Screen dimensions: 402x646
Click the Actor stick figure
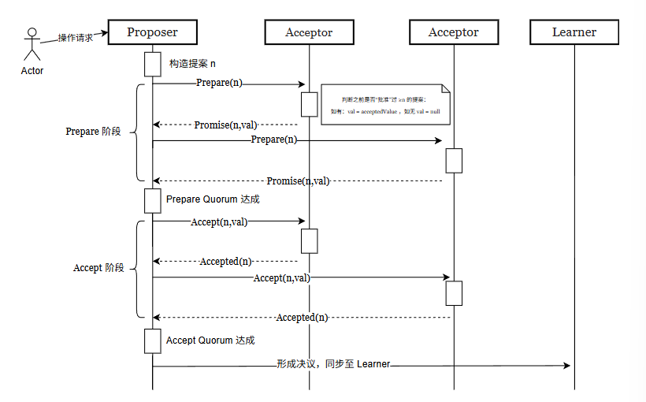pos(32,44)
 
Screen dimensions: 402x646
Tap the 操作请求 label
pos(76,37)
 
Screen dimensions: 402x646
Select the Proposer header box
pos(152,32)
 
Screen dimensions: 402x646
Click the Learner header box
pos(574,32)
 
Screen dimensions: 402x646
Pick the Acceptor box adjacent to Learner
pos(453,32)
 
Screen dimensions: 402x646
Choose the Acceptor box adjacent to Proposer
pos(309,32)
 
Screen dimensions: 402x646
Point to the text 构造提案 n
pos(192,63)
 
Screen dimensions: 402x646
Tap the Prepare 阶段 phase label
pos(93,132)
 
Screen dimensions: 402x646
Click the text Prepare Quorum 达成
pos(213,199)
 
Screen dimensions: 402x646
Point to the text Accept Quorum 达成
pos(210,341)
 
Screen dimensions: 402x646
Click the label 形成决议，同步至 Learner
pos(333,364)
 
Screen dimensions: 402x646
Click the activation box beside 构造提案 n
pos(152,64)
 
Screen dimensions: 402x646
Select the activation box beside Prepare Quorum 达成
pos(152,200)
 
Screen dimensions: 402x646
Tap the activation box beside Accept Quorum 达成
pos(152,341)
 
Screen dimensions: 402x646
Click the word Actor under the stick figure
pos(32,71)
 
